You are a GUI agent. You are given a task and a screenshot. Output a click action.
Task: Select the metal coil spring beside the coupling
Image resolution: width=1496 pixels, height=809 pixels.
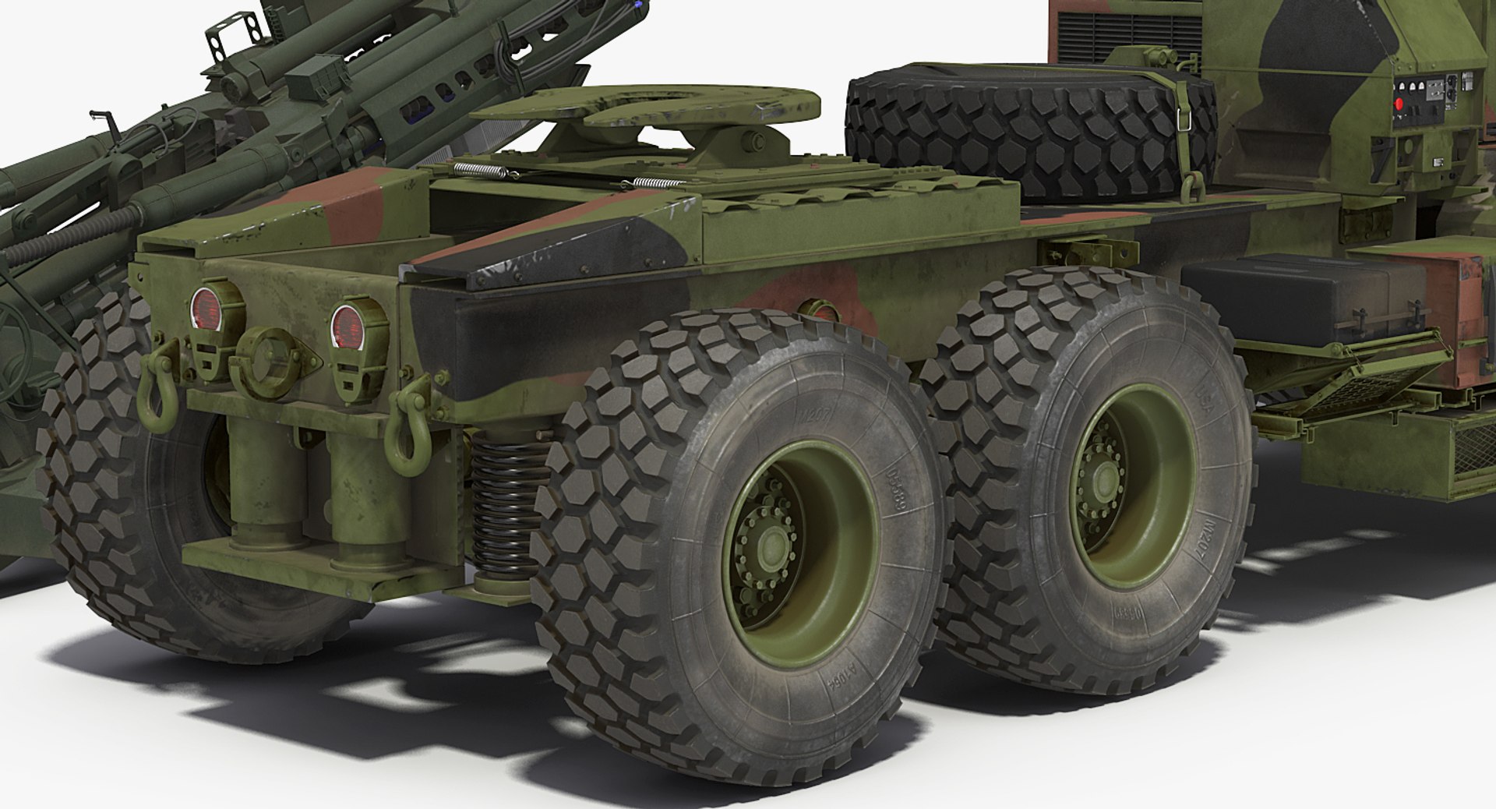(x=479, y=170)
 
